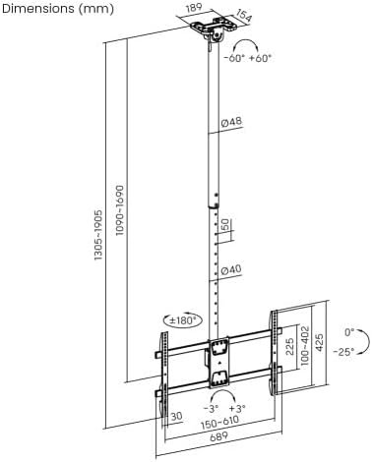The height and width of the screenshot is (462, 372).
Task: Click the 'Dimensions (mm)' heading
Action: tap(58, 9)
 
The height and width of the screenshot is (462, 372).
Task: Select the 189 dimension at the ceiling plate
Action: tap(194, 8)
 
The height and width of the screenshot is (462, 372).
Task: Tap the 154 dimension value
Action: tap(244, 16)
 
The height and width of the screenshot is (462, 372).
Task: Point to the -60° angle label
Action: tap(234, 59)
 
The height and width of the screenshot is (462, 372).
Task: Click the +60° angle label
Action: tap(261, 59)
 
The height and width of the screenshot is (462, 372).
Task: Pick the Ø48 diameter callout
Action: tap(231, 122)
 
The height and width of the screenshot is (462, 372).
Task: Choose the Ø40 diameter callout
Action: tap(230, 270)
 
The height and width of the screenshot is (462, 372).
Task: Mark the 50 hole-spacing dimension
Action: tap(225, 225)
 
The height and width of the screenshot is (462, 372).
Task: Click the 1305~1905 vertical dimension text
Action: tap(98, 235)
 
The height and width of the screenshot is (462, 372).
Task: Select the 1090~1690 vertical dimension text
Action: tap(120, 210)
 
